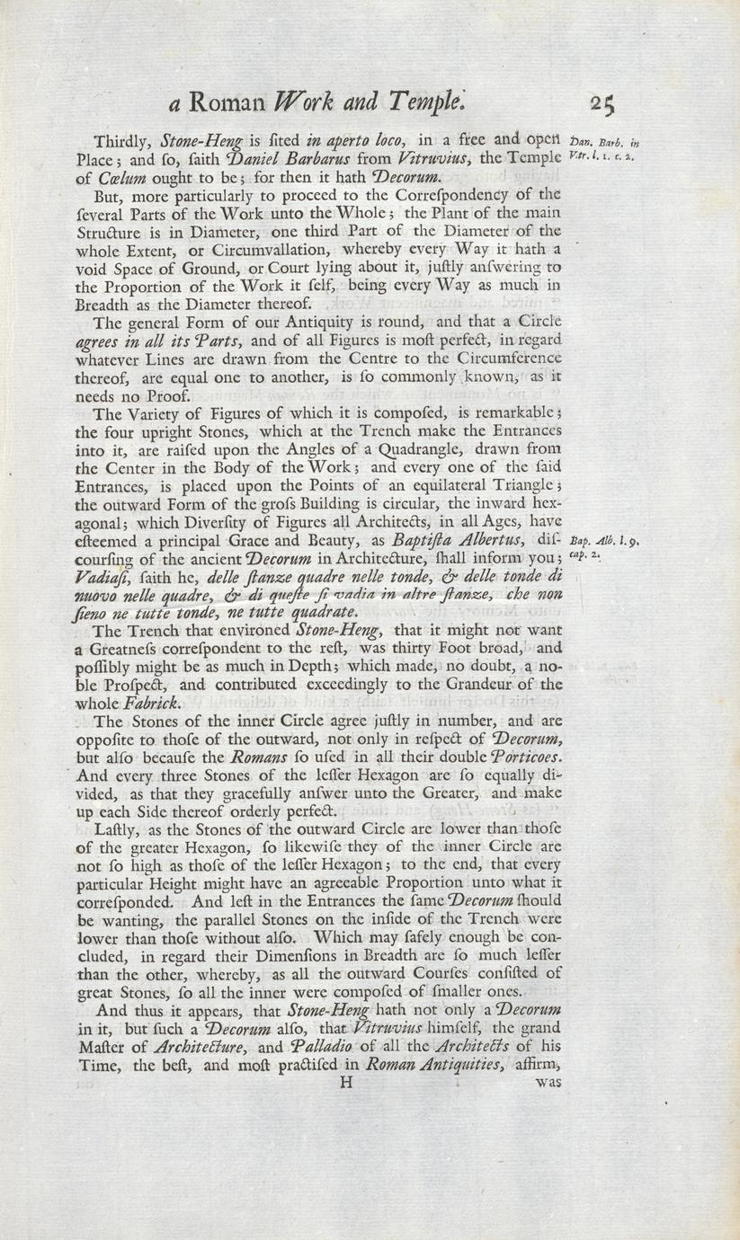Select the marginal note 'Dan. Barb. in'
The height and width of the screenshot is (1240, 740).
pyautogui.click(x=604, y=141)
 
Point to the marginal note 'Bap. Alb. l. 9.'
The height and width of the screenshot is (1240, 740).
pyautogui.click(x=604, y=541)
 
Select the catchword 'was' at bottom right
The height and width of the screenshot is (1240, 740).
pyautogui.click(x=548, y=1083)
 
